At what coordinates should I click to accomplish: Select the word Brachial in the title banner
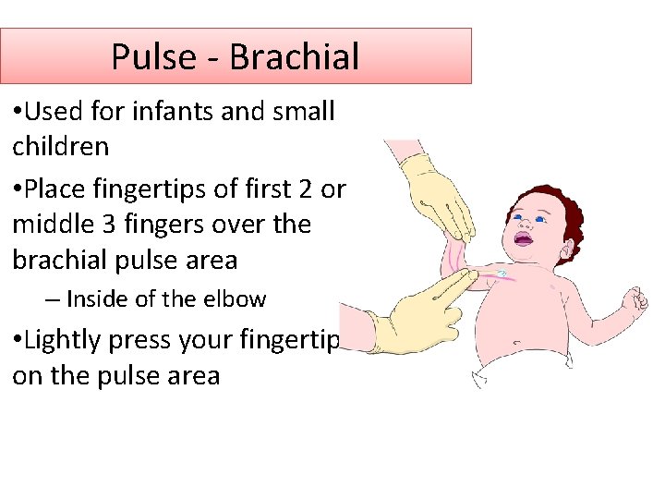[294, 56]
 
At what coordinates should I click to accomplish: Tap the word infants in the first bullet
[162, 112]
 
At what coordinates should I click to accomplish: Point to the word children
[61, 147]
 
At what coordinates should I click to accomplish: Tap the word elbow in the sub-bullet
[239, 299]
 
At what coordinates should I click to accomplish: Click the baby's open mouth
[523, 240]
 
